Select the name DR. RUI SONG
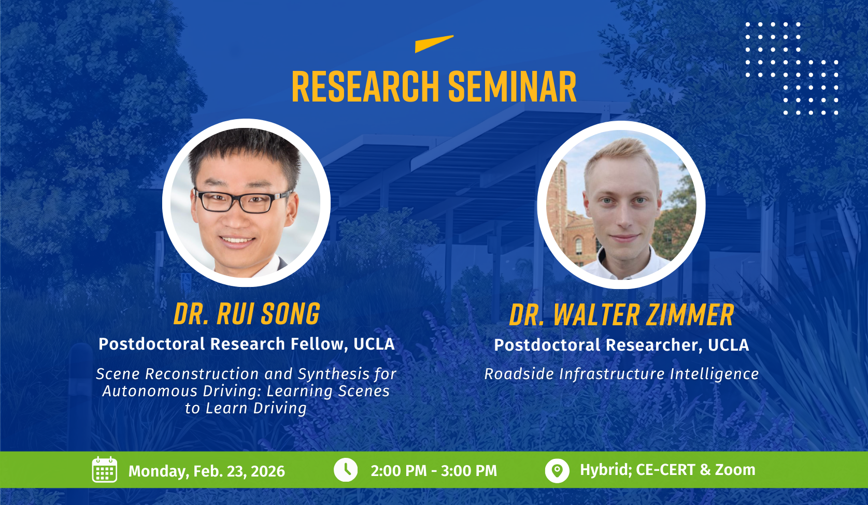click(247, 314)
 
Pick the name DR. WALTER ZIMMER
click(621, 315)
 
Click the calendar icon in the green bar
click(105, 469)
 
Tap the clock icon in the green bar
click(346, 470)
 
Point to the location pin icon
click(557, 470)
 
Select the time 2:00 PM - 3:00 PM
click(434, 471)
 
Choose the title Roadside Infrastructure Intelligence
click(621, 374)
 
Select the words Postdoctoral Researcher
click(598, 345)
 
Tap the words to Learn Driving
click(246, 409)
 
